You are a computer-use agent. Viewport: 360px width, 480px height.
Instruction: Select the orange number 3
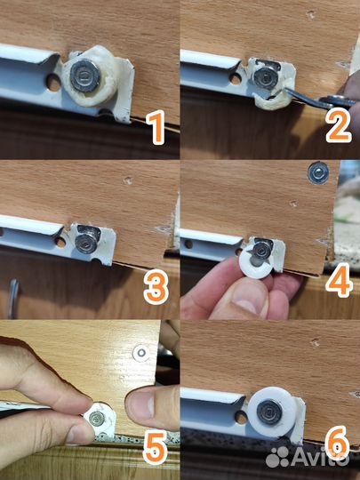(x=156, y=287)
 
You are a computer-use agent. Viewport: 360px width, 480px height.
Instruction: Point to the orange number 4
(x=340, y=280)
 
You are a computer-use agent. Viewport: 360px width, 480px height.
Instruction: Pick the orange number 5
(x=156, y=447)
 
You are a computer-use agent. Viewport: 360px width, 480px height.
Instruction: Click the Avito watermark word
(x=321, y=458)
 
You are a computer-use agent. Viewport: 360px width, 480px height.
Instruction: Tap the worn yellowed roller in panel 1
(x=91, y=76)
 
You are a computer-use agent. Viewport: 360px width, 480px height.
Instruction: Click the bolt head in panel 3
(x=85, y=243)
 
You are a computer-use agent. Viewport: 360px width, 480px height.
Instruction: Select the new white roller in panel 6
(x=272, y=412)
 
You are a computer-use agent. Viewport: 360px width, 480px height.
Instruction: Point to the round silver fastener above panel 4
(x=318, y=172)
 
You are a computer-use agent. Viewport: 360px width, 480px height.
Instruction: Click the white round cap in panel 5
(x=141, y=353)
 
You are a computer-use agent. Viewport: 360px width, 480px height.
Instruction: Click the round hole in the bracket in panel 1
(x=53, y=83)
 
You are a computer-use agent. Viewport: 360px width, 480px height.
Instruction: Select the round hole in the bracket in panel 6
(x=241, y=417)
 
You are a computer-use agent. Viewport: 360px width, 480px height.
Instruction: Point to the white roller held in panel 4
(x=255, y=261)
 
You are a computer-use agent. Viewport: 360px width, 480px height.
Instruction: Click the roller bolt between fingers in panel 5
(x=97, y=418)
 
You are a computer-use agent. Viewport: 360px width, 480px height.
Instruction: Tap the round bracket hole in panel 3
(x=60, y=242)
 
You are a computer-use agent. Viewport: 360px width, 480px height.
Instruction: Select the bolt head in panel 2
(x=266, y=77)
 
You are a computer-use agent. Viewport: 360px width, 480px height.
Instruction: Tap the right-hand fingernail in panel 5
(x=150, y=404)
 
